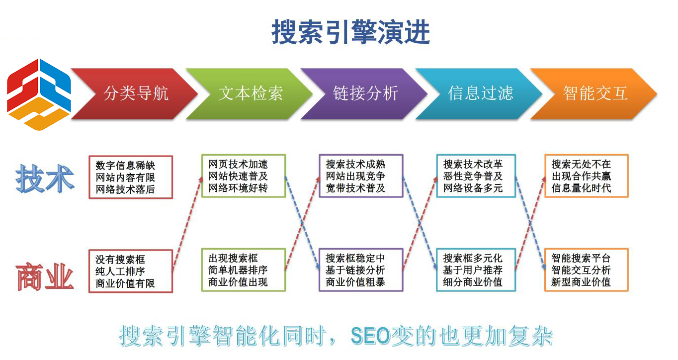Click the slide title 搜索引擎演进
(x=350, y=32)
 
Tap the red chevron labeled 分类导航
(x=135, y=93)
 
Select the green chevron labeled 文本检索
(x=250, y=93)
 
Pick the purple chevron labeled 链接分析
(x=365, y=93)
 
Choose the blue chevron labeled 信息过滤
(x=480, y=93)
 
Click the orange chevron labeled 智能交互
(x=594, y=93)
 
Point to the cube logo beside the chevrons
(x=38, y=94)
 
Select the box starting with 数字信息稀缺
(x=131, y=178)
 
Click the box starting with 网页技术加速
(x=244, y=176)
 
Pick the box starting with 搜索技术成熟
(x=360, y=176)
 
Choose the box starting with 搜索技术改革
(x=476, y=176)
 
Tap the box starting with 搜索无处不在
(x=587, y=176)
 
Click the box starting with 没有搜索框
(x=131, y=271)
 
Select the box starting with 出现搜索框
(x=244, y=270)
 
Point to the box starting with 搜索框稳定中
(x=360, y=270)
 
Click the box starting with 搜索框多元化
(x=476, y=270)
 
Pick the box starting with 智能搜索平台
(x=587, y=270)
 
